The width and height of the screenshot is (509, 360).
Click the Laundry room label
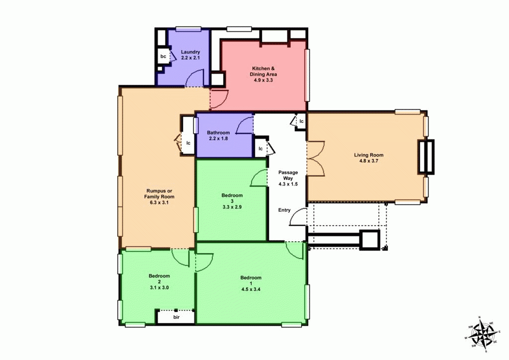pos(190,52)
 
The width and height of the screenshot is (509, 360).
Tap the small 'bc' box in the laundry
pos(163,56)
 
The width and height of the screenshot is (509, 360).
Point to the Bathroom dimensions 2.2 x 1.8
pos(219,139)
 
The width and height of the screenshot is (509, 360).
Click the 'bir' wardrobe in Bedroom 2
pos(176,317)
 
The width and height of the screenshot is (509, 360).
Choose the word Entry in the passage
pos(284,210)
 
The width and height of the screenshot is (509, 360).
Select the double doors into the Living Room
pos(315,159)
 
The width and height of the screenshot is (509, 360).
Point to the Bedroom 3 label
pos(232,198)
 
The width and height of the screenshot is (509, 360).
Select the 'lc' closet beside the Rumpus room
pos(188,143)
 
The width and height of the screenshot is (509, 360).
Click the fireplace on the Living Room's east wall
pos(426,156)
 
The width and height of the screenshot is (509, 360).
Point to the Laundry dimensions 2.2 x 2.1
pos(190,58)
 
